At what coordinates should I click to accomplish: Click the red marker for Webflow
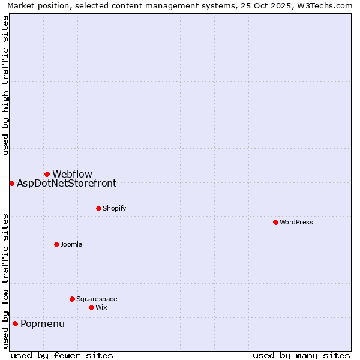point(47,174)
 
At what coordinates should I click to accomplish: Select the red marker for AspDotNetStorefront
point(11,183)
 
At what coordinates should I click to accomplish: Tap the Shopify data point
point(98,208)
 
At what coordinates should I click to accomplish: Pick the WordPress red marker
point(275,222)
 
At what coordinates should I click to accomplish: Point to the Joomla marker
point(56,244)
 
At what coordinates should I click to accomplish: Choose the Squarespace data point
point(72,299)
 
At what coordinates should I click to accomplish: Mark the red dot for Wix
point(91,307)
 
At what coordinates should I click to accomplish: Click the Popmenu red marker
point(15,323)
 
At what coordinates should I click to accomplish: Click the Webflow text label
point(72,174)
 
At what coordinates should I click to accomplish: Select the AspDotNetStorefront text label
point(67,184)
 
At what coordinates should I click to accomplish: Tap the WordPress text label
point(296,222)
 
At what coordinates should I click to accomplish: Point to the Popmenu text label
point(43,324)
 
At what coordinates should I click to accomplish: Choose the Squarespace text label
point(97,299)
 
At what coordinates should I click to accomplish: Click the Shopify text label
point(114,208)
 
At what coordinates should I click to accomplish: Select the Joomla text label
point(71,244)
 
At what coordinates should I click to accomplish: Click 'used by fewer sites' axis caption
point(62,355)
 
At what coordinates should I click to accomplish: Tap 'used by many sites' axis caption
point(301,355)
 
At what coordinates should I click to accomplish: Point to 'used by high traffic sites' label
point(5,85)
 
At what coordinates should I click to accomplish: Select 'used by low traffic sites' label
point(5,281)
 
